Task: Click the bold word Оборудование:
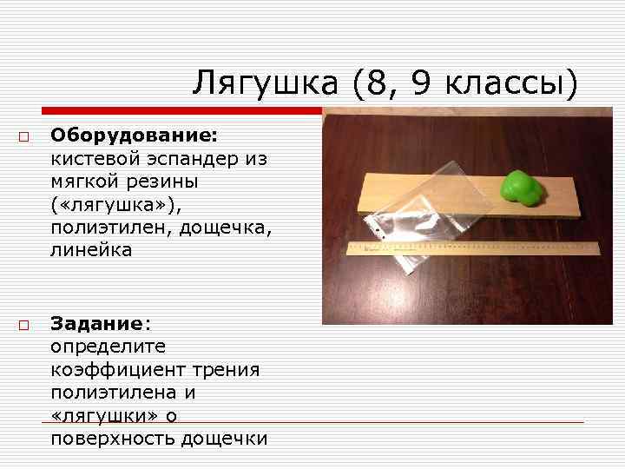click(134, 135)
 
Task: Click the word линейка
click(91, 250)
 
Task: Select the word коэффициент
click(111, 370)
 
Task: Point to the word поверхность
click(112, 439)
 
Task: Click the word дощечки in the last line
click(225, 439)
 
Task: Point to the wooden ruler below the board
click(474, 249)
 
